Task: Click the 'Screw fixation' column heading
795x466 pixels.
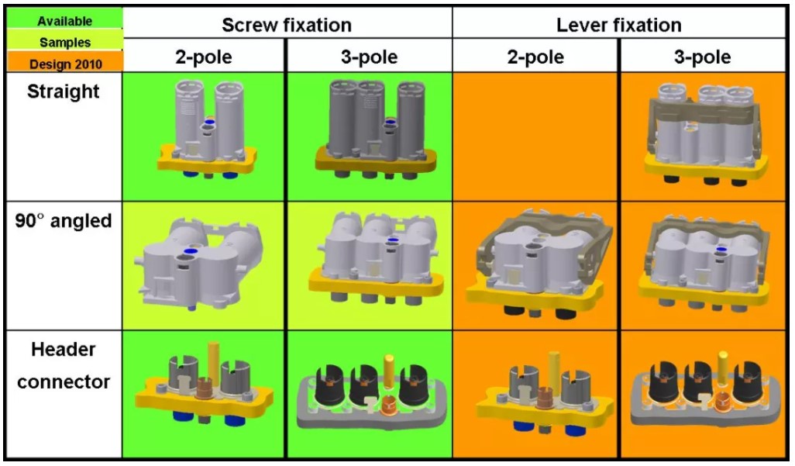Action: click(287, 25)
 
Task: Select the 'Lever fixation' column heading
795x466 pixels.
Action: click(618, 25)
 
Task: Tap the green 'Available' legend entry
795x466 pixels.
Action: click(64, 21)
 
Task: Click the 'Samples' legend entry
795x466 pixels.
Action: click(64, 43)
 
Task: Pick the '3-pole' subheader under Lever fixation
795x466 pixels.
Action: click(703, 57)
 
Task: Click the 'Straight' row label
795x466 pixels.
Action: click(64, 91)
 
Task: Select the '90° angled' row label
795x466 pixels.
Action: click(64, 221)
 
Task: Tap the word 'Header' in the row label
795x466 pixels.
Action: click(64, 350)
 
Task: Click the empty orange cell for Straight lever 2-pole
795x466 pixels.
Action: click(535, 136)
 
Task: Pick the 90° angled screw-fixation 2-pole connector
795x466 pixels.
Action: click(200, 260)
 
